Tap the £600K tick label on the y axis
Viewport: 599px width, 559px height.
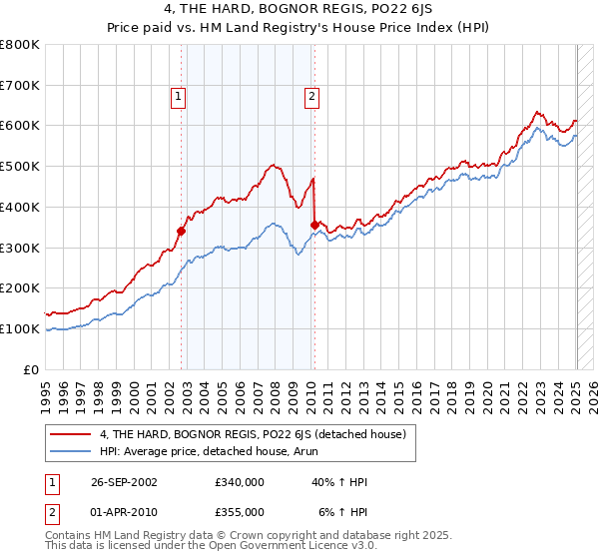pos(20,126)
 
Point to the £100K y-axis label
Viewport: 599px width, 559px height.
pos(20,328)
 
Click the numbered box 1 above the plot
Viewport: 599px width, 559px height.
pos(178,97)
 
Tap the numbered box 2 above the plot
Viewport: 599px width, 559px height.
pos(311,97)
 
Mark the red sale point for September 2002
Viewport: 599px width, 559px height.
pos(182,231)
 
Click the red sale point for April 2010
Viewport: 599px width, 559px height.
pos(314,225)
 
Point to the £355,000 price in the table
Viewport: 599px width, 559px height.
pos(239,512)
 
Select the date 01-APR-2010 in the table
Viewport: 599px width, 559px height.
pos(120,512)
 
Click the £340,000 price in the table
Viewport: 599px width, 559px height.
pos(239,482)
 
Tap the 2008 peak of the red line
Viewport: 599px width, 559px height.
pos(272,165)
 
